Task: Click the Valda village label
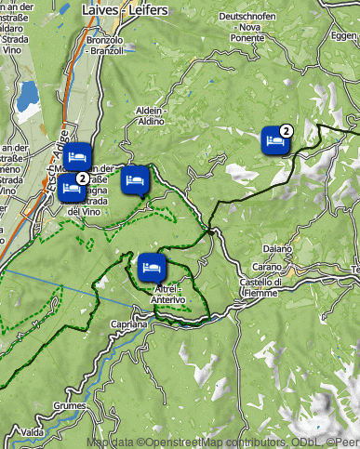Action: coord(32,433)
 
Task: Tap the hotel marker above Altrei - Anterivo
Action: coord(150,268)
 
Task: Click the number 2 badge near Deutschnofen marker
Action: coord(287,131)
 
